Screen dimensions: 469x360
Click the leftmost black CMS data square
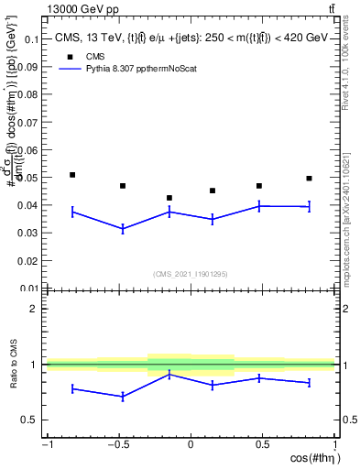[x=72, y=174]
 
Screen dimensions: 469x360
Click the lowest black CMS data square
[x=169, y=198]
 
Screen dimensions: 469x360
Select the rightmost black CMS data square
[x=310, y=178]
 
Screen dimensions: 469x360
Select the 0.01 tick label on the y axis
[x=29, y=289]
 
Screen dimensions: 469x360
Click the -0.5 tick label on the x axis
[x=118, y=444]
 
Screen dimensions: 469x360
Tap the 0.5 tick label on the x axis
[x=261, y=444]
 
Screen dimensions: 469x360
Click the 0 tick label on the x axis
[x=191, y=444]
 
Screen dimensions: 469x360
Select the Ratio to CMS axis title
[x=14, y=364]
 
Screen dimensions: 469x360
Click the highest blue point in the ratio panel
[x=169, y=374]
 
